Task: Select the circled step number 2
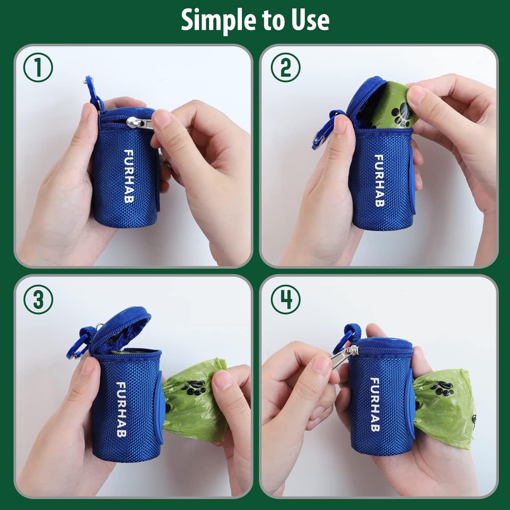286,68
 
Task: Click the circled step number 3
38,300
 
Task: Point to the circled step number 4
286,300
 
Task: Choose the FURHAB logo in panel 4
375,404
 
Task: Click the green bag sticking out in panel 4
442,408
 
